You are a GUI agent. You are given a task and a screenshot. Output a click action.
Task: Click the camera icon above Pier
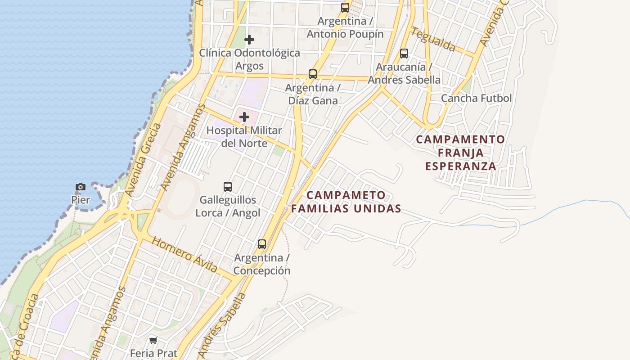pyautogui.click(x=81, y=187)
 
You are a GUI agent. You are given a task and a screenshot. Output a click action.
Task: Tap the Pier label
pyautogui.click(x=81, y=199)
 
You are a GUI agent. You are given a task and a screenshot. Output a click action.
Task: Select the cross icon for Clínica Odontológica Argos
pyautogui.click(x=249, y=40)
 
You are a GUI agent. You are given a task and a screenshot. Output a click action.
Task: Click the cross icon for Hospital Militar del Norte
pyautogui.click(x=244, y=117)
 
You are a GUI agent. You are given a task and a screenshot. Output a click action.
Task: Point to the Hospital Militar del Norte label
pyautogui.click(x=244, y=137)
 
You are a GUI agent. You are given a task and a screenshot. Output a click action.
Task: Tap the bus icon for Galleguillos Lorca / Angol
pyautogui.click(x=228, y=186)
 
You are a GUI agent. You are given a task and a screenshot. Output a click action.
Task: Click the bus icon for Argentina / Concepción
pyautogui.click(x=262, y=244)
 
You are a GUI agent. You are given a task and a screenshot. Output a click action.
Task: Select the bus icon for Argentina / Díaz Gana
pyautogui.click(x=313, y=74)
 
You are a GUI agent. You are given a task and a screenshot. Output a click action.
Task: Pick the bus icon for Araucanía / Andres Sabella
pyautogui.click(x=404, y=54)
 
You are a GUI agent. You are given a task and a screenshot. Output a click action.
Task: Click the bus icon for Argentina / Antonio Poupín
pyautogui.click(x=345, y=8)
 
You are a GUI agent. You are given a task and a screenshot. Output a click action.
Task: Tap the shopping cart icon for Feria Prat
pyautogui.click(x=153, y=340)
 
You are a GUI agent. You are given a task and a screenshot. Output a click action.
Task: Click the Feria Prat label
pyautogui.click(x=153, y=353)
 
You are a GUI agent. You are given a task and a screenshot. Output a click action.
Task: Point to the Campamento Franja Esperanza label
pyautogui.click(x=460, y=153)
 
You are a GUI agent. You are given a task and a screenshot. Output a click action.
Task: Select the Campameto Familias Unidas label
pyautogui.click(x=346, y=202)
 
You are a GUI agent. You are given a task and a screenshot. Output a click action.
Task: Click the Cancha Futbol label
pyautogui.click(x=476, y=98)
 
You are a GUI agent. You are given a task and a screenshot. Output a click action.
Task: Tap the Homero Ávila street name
pyautogui.click(x=184, y=255)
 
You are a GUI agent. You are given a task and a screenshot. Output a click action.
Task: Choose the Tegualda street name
pyautogui.click(x=433, y=39)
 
